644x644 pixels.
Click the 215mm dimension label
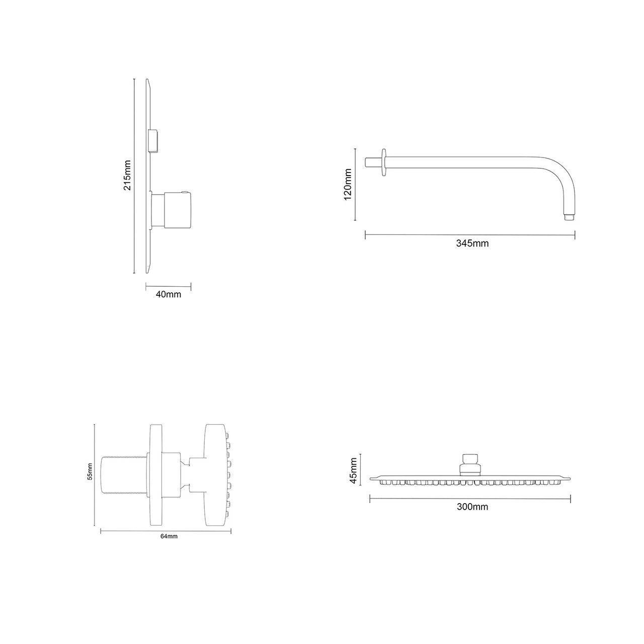pos(127,175)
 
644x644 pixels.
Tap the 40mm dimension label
pos(168,294)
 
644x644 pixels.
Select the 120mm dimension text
pos(347,184)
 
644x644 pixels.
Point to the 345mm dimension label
pos(472,244)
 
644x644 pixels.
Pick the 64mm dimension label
pos(169,536)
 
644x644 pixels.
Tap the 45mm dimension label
pos(353,470)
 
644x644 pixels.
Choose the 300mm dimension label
pos(472,507)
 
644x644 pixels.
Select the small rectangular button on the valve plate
pos(154,140)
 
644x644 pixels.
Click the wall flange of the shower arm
pos(385,163)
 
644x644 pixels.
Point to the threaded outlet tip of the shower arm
pos(569,218)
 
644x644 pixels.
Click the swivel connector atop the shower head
pos(470,463)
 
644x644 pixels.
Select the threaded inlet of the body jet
pos(124,474)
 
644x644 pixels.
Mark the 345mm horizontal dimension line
pos(470,234)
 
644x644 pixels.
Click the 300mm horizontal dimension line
pos(470,499)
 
